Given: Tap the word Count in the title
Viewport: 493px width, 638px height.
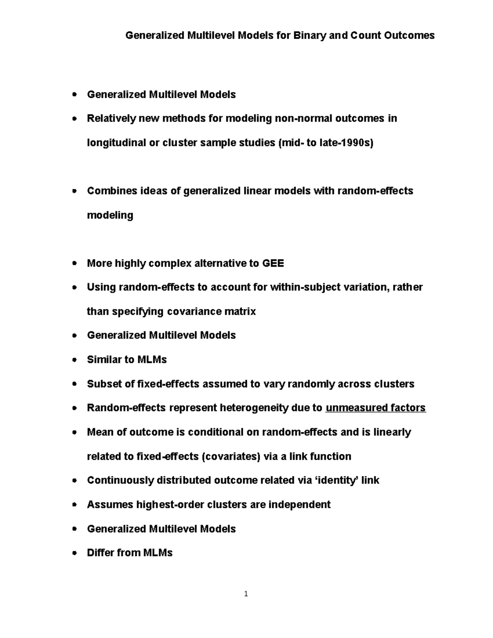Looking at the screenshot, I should pos(366,36).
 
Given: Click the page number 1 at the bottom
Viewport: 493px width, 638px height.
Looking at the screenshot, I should pos(246,594).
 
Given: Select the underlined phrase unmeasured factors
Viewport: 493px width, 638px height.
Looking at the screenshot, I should pos(375,408).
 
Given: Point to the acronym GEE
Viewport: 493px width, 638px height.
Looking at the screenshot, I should pos(273,263).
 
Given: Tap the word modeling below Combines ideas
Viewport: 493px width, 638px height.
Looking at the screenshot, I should pos(110,215).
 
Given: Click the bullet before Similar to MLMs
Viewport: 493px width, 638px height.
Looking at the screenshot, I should pos(74,360).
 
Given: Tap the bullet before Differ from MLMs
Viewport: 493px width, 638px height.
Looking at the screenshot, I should pos(74,553).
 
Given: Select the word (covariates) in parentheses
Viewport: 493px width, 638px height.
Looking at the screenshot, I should pos(231,456).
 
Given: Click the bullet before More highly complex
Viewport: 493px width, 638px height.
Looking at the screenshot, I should pos(74,264).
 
